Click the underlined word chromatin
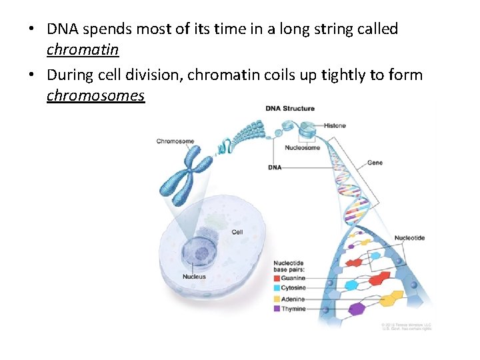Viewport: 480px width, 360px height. (x=83, y=50)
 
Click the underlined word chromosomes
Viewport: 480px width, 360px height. (x=95, y=95)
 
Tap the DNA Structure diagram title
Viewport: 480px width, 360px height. (x=290, y=109)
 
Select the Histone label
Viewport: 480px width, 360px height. (x=335, y=125)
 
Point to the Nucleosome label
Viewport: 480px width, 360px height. (x=302, y=147)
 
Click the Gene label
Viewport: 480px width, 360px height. (x=375, y=163)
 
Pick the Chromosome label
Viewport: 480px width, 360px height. (x=175, y=141)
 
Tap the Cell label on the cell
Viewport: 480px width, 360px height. (x=237, y=232)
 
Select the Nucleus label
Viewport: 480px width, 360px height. (x=194, y=277)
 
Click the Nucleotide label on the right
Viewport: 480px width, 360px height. (x=409, y=238)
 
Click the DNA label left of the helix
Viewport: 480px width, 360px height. (x=275, y=167)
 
